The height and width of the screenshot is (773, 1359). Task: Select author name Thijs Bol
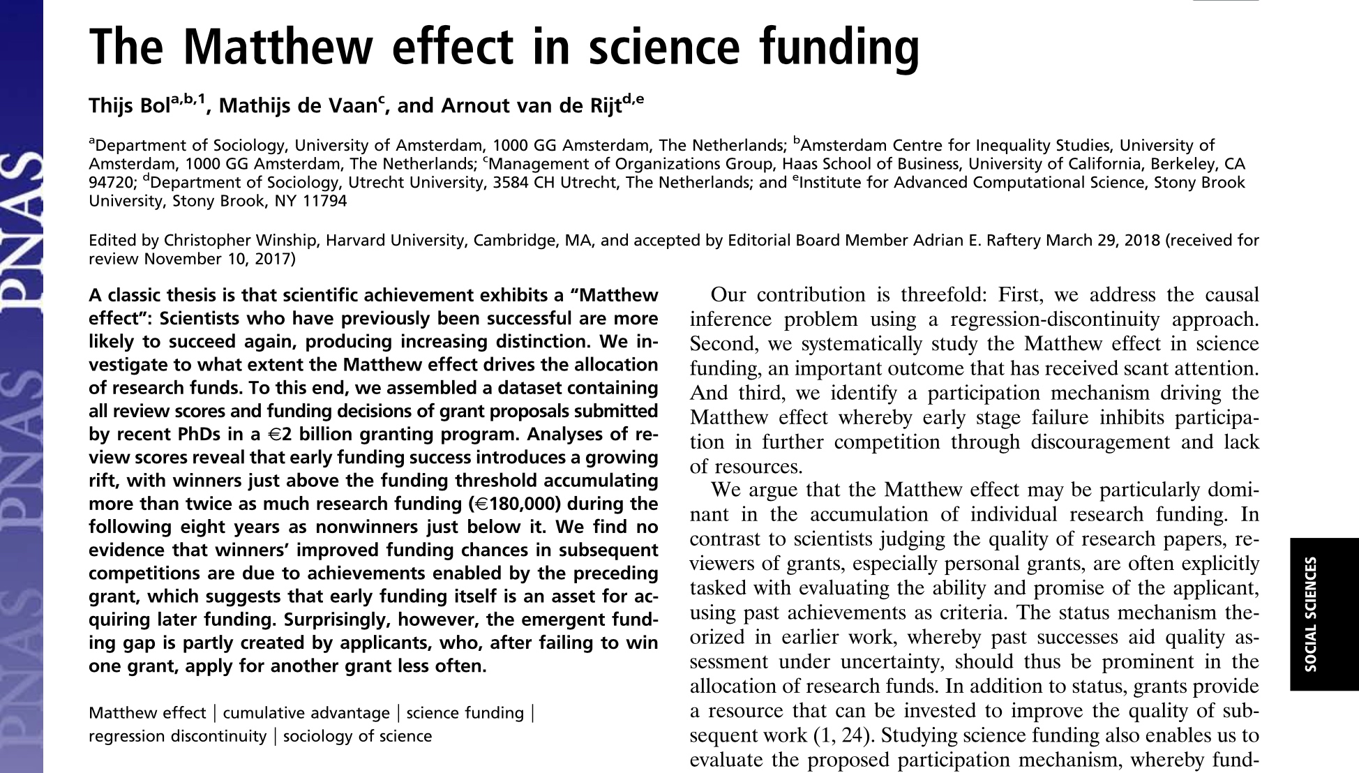coord(129,106)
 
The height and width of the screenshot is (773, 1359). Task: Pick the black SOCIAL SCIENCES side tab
coord(1323,614)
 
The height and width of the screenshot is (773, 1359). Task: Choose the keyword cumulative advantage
coord(306,713)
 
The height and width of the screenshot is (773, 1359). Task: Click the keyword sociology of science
coord(357,736)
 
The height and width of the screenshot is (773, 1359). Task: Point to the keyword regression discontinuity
coord(177,736)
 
